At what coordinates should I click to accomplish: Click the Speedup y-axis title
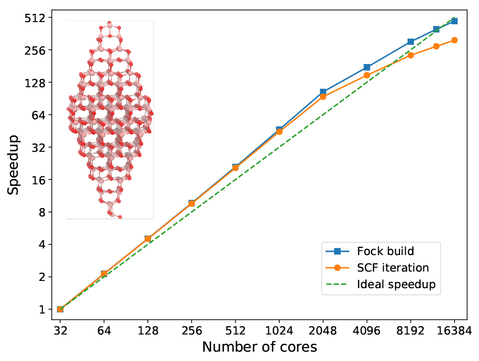(x=14, y=164)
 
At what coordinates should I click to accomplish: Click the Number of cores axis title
(x=259, y=347)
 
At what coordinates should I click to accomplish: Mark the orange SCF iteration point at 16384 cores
(x=454, y=40)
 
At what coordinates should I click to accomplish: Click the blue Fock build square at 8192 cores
(x=411, y=42)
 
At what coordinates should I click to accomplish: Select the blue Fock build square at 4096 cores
(x=367, y=67)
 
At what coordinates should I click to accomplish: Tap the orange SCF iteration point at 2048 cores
(x=323, y=97)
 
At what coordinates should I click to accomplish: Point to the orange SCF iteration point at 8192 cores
(x=411, y=55)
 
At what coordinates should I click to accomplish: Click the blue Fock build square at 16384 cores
(x=454, y=21)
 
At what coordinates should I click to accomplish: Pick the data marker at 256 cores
(x=191, y=204)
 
